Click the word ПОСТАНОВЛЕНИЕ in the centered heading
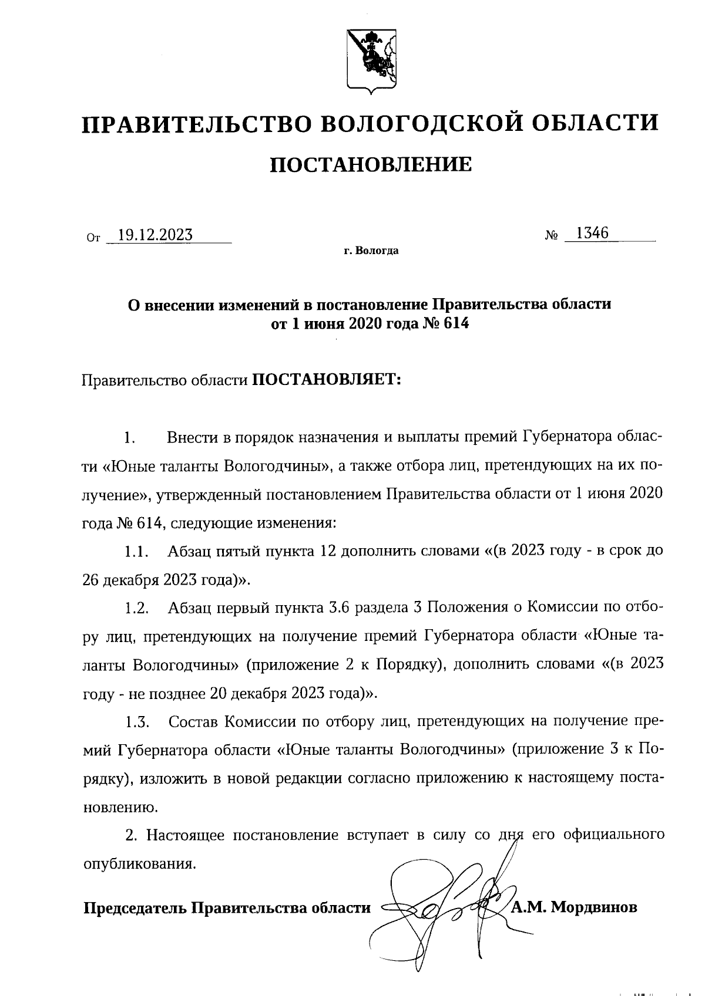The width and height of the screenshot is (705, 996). (x=370, y=165)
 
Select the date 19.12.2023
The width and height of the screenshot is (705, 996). (x=155, y=235)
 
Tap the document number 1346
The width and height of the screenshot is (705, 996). (x=592, y=233)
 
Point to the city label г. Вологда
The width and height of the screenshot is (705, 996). (x=371, y=251)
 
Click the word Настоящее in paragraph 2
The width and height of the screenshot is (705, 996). (x=185, y=835)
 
